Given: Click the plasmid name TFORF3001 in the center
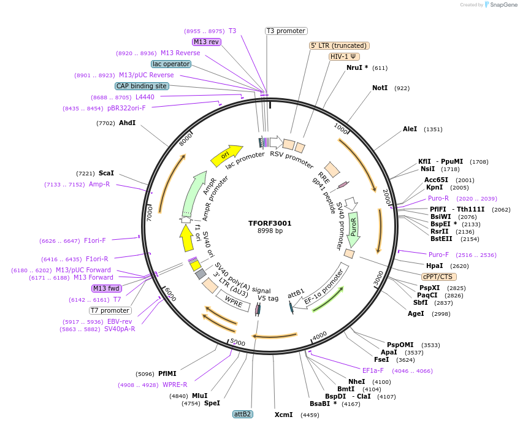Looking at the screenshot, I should (270, 223).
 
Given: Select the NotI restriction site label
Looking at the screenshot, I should (380, 88).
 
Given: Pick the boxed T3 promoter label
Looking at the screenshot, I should (286, 31).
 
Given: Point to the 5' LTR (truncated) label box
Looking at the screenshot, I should (338, 45).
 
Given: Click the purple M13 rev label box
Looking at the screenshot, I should (206, 42).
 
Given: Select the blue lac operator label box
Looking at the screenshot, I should (171, 64).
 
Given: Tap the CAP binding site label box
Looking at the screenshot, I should (142, 86).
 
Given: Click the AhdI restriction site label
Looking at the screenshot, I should (127, 123).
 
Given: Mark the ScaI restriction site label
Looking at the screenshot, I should (106, 174).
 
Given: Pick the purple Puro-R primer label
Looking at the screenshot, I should (438, 198).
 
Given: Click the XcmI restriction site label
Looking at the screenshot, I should (283, 415).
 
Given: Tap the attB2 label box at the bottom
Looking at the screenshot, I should (242, 414).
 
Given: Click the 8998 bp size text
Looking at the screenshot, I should (270, 231).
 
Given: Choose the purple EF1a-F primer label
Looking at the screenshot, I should (373, 370).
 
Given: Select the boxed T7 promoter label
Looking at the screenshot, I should (110, 310).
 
